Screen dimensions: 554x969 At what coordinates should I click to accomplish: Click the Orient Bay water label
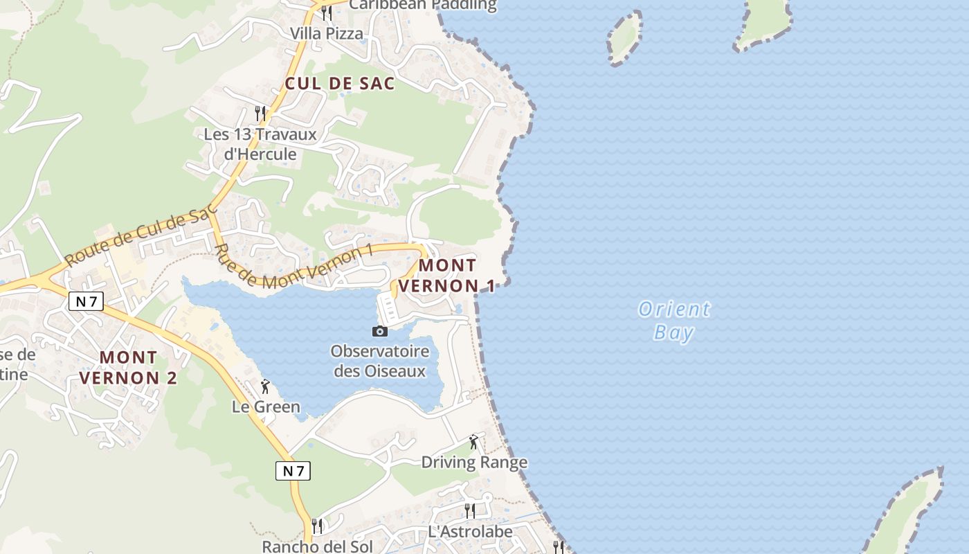673,321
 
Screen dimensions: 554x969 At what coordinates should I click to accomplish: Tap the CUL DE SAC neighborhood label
340,84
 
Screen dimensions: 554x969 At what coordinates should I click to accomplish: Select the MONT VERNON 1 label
448,276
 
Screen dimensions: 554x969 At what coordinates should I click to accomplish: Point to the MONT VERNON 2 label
128,368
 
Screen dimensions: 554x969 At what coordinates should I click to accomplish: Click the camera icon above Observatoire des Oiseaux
379,331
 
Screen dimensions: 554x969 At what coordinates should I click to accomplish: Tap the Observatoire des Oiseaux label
380,361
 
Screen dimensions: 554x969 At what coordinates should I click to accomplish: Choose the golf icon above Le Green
265,386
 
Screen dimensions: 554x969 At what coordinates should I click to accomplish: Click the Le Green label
266,406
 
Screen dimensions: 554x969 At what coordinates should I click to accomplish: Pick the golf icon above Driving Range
473,442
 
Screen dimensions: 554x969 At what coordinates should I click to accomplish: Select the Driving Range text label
474,462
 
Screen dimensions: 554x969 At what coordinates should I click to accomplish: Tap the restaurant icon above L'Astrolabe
469,511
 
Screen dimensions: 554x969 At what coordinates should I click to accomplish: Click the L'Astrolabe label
470,532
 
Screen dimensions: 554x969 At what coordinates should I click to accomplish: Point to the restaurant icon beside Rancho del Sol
317,526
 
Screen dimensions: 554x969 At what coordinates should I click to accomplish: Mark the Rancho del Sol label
317,546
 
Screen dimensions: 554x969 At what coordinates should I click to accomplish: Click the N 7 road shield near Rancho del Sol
293,471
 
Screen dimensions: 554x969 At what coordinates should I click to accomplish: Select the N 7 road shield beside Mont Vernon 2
86,301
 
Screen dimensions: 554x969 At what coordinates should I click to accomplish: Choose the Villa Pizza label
326,33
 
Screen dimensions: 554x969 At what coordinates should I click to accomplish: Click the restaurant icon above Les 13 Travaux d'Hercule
260,113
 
